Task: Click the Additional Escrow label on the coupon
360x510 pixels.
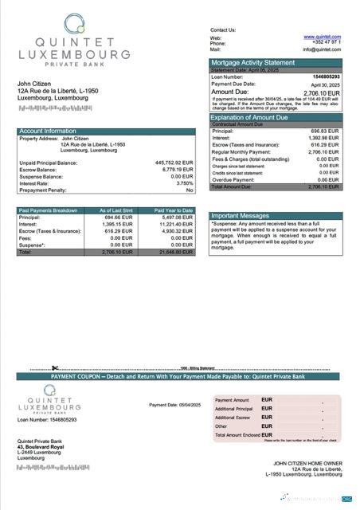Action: pyautogui.click(x=233, y=418)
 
